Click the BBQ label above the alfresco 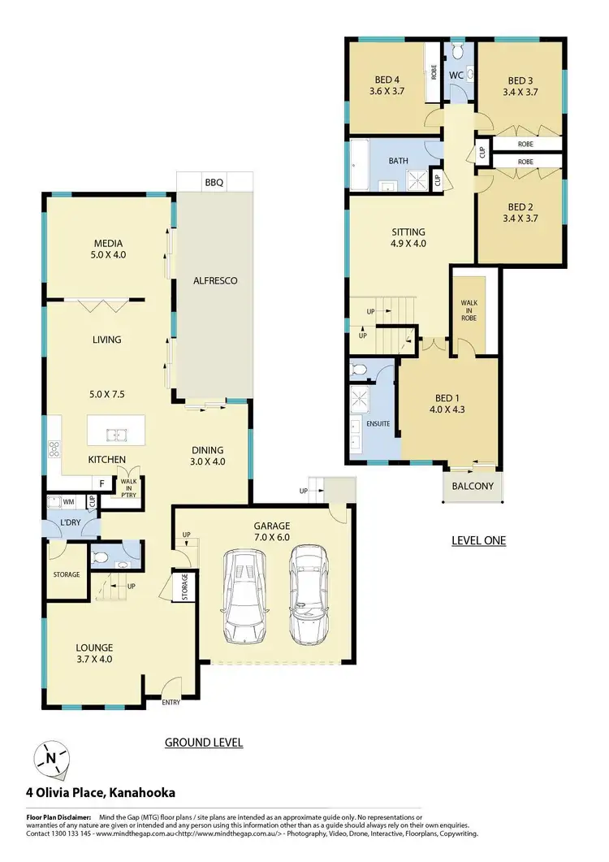(214, 183)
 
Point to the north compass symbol (51, 759)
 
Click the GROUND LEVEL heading (204, 742)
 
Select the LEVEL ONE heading (478, 540)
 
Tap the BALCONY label (473, 487)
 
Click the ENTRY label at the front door (171, 703)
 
